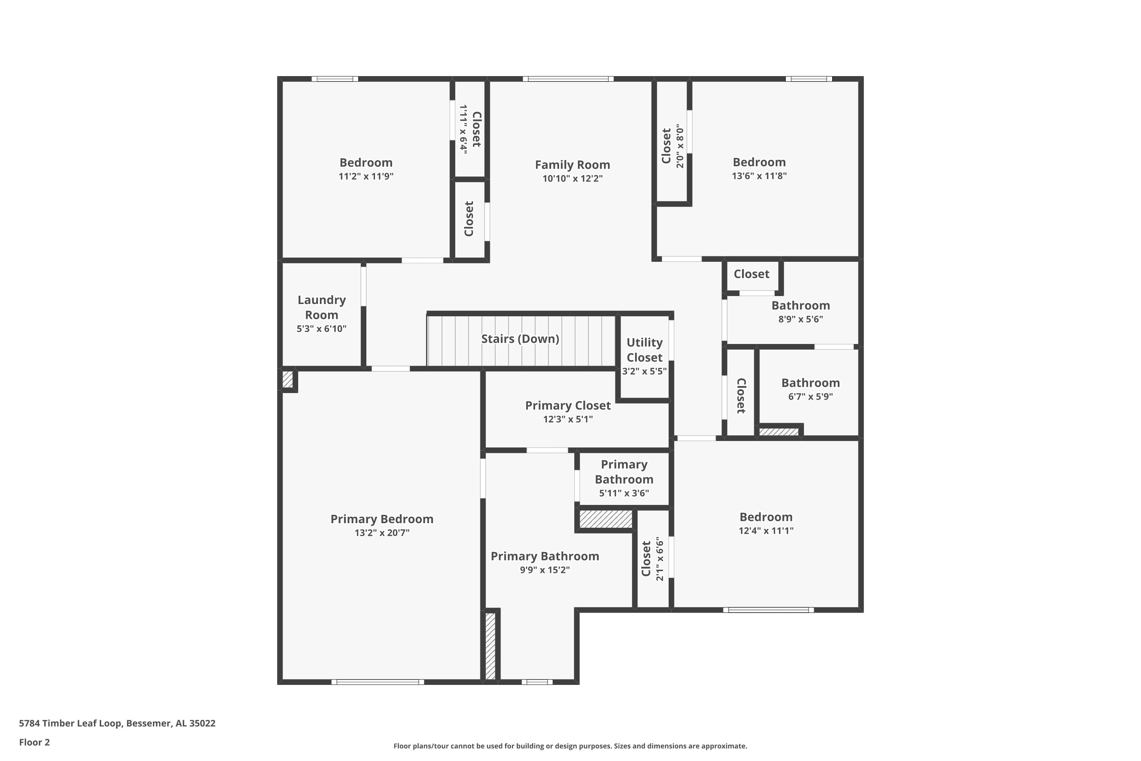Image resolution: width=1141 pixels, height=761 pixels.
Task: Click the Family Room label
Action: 572,165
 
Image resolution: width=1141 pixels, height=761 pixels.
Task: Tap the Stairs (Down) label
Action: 520,339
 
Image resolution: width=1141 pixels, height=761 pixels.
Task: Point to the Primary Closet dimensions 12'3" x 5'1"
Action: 567,419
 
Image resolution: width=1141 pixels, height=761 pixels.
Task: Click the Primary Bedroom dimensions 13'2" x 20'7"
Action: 382,532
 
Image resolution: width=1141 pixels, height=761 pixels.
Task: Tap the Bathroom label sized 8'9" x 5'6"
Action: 801,305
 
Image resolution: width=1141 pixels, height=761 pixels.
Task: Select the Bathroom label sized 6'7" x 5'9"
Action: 810,382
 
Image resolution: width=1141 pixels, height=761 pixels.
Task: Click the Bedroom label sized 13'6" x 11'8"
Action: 759,162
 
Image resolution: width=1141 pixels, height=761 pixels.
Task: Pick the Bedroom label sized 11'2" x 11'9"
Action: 366,162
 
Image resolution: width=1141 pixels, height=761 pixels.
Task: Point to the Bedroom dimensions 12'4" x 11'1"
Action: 766,530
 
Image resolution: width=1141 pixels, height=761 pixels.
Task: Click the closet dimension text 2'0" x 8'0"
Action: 680,146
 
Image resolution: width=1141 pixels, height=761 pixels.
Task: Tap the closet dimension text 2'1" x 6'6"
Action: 659,559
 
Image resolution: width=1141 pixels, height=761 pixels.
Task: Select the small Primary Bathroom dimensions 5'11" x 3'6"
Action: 624,493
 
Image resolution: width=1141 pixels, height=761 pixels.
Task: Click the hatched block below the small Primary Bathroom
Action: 606,519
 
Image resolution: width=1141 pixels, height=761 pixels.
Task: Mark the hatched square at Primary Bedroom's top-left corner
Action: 288,379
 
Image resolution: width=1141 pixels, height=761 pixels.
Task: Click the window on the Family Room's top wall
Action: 568,79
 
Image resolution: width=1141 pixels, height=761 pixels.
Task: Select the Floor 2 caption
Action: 35,742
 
